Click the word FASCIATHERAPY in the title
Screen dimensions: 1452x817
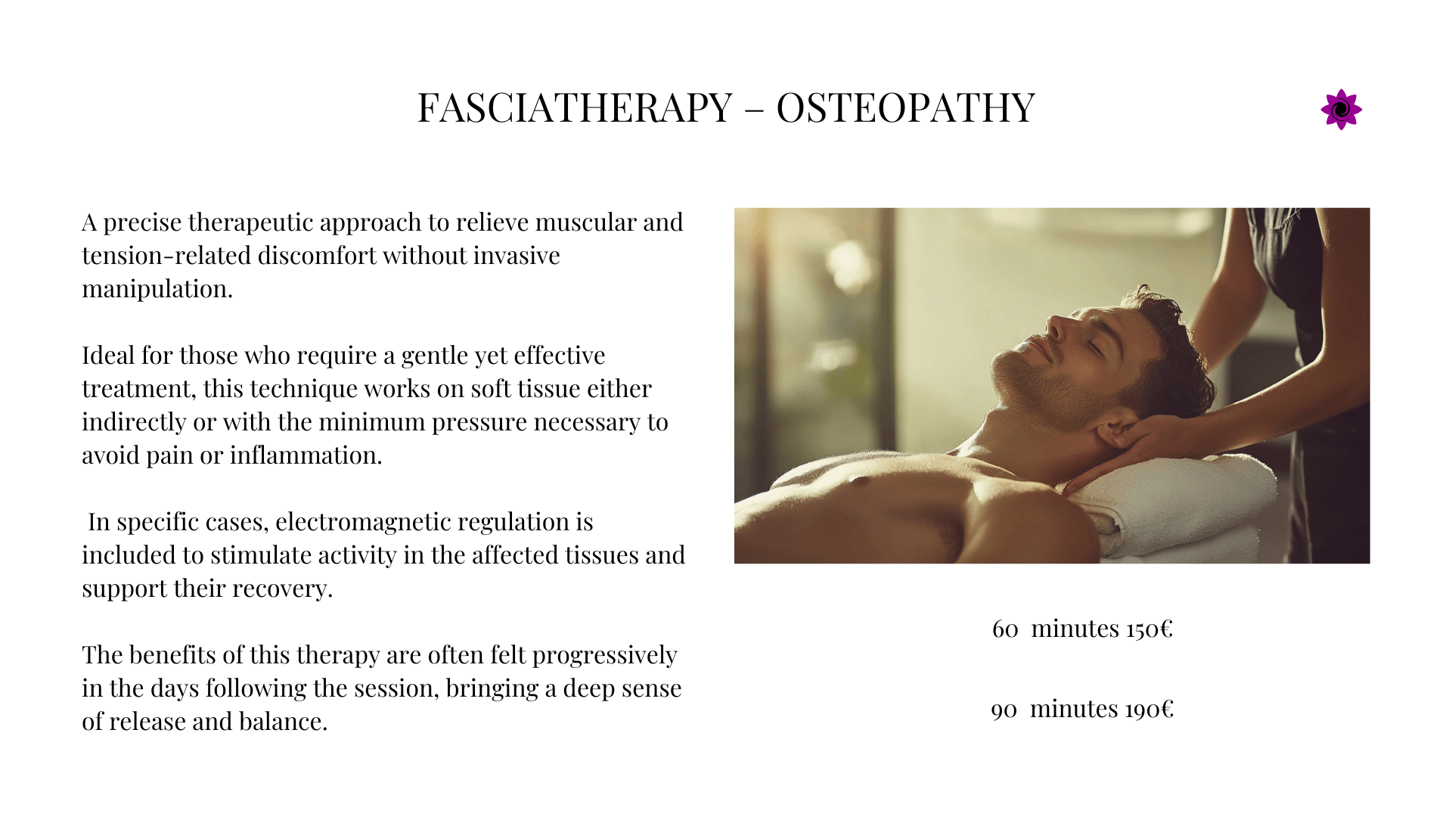[x=575, y=107]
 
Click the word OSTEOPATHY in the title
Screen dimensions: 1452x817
[x=905, y=107]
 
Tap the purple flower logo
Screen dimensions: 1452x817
[x=1341, y=110]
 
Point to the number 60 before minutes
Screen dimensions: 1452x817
[x=1005, y=629]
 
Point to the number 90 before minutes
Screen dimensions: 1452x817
[x=1004, y=710]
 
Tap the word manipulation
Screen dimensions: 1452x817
[x=157, y=289]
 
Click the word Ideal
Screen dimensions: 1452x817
[x=109, y=356]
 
